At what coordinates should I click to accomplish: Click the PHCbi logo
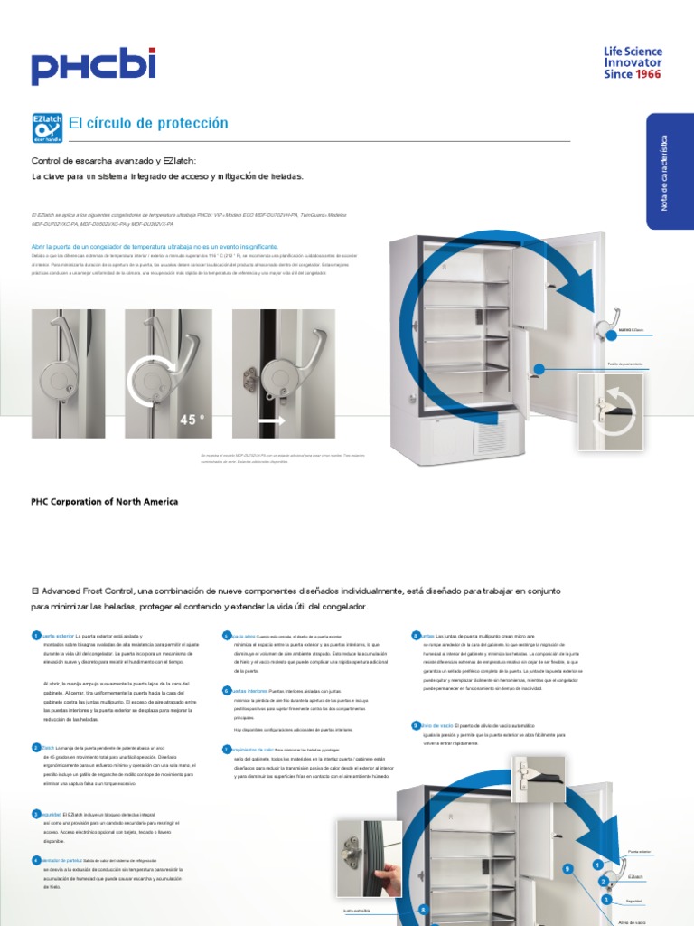(93, 67)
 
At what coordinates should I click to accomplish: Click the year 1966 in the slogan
(647, 73)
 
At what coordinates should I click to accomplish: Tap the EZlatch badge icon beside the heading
(46, 128)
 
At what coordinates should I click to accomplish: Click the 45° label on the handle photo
(192, 420)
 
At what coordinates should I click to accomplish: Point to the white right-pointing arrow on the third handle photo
(271, 420)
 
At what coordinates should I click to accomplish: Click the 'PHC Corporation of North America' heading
(105, 502)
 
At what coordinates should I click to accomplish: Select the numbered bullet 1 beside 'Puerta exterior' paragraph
(36, 636)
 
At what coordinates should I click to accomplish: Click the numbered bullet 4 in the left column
(36, 860)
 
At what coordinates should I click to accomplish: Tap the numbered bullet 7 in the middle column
(227, 750)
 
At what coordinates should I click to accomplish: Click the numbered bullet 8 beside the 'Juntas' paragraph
(416, 636)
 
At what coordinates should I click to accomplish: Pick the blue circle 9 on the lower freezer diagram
(567, 869)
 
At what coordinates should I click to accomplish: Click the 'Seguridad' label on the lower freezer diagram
(634, 900)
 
